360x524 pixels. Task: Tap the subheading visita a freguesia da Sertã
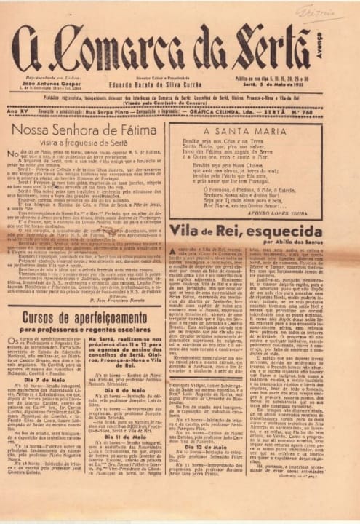pos(92,146)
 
